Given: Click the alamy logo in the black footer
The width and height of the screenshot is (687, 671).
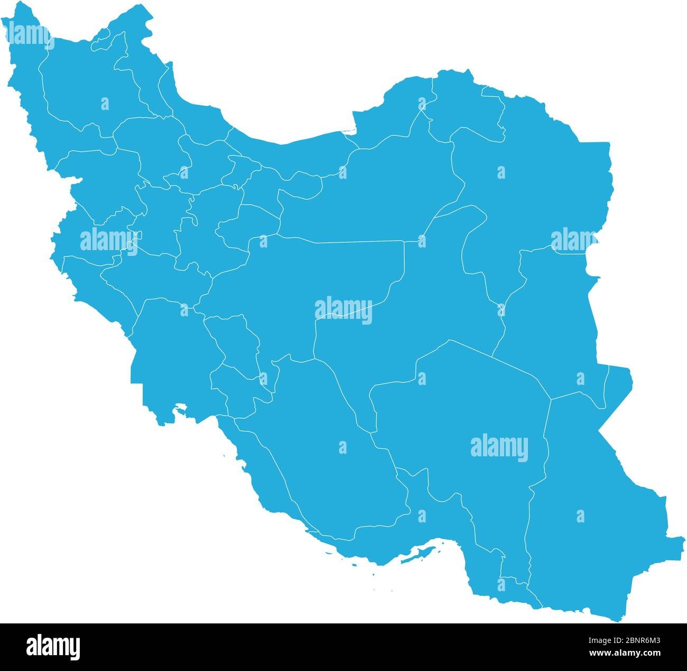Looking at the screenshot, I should coord(53,647).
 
